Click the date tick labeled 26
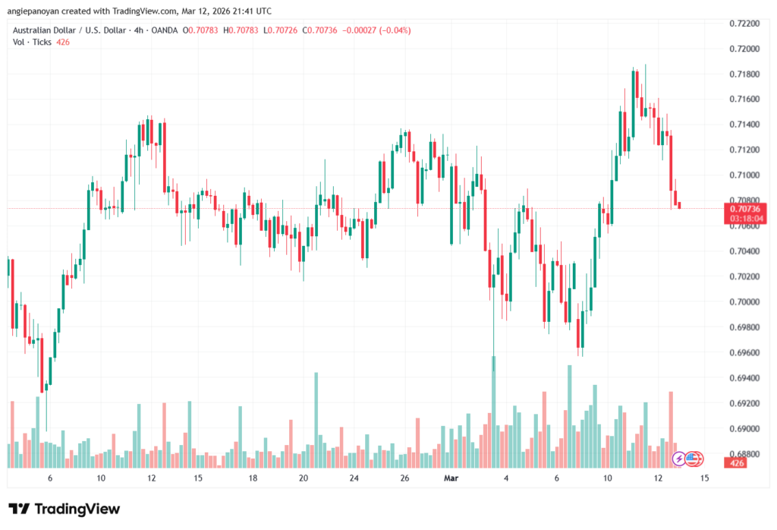(405, 478)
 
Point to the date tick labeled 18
(253, 478)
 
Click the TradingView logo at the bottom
(64, 509)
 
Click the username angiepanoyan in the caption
(37, 10)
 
